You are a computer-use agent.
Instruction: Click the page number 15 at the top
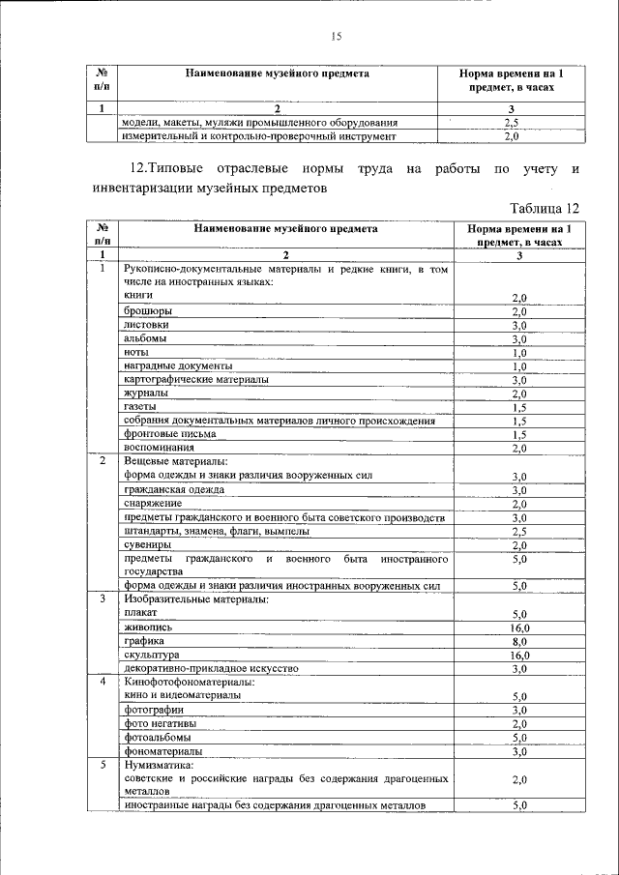coord(337,37)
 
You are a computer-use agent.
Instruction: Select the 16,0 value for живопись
coord(518,627)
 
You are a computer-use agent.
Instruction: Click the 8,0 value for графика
coord(518,641)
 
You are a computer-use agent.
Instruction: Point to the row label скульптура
coord(152,655)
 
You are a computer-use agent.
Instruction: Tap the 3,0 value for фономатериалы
coord(518,751)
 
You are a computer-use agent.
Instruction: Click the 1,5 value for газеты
coord(518,408)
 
